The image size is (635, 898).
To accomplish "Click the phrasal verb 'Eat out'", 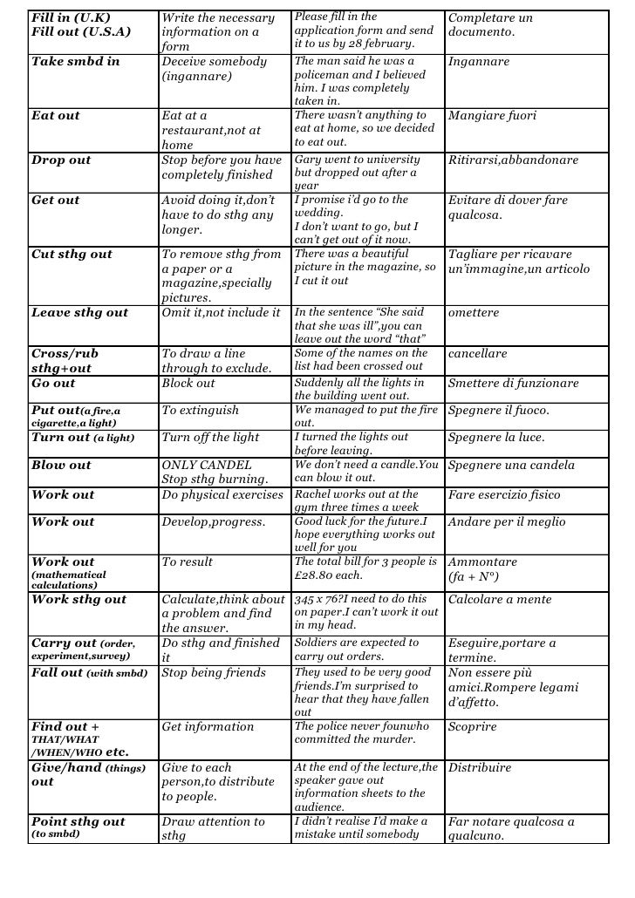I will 56,116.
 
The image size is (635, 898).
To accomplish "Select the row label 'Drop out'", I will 61,160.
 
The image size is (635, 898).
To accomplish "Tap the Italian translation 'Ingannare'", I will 479,63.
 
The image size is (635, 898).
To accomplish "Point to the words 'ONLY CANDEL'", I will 207,466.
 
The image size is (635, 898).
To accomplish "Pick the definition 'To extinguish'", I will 197,411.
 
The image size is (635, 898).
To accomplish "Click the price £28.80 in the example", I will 319,575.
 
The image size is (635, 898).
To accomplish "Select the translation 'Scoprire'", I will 472,727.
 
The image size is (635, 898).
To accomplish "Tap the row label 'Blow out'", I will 61,466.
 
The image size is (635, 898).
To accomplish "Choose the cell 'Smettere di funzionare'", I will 513,384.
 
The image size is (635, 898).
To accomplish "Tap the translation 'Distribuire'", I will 480,768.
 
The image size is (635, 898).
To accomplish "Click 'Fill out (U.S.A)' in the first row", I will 81,32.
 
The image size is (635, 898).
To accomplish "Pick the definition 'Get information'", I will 208,727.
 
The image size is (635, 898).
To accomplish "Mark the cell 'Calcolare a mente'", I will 500,600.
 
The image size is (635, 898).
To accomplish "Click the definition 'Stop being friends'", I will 215,673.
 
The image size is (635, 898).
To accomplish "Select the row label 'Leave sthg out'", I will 79,313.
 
